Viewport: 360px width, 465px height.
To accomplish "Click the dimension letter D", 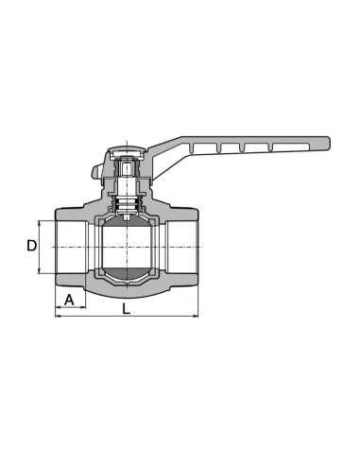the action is tap(31, 246).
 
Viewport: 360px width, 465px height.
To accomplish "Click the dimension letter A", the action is tap(69, 300).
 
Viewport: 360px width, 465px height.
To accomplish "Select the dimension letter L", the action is tap(126, 309).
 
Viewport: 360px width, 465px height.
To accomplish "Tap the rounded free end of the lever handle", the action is tap(328, 144).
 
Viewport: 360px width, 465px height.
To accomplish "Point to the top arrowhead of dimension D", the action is tap(40, 223).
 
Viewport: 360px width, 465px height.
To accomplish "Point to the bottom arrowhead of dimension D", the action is tap(40, 270).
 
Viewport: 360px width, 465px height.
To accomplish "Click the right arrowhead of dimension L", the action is tap(196, 316).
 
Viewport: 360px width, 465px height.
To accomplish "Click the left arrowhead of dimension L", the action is tap(59, 316).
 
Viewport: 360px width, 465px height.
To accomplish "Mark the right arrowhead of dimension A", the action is tap(82, 307).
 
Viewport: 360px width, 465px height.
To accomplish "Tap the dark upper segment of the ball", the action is tap(127, 221).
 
